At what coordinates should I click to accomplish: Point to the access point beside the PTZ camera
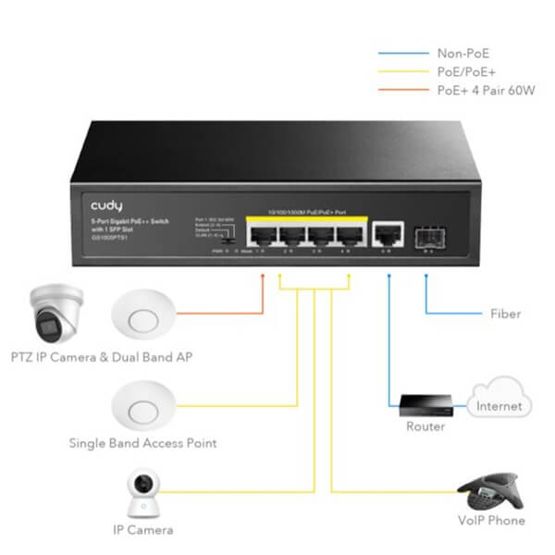[x=142, y=316]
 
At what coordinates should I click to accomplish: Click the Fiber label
[x=505, y=314]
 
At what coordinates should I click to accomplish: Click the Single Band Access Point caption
[x=142, y=443]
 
